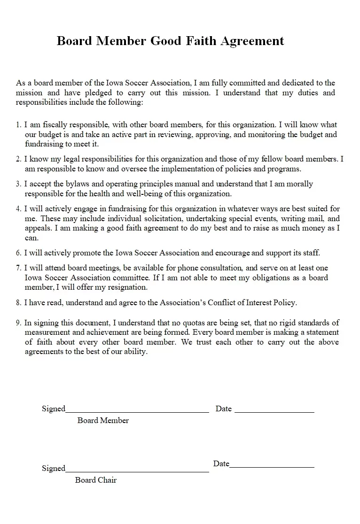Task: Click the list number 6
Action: [18, 253]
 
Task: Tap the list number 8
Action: [18, 303]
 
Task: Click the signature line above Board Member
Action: [137, 411]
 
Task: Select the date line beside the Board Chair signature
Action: [272, 467]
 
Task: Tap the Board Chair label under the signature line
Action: [96, 480]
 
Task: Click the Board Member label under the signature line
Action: [103, 420]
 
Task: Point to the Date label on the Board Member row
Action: [224, 408]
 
